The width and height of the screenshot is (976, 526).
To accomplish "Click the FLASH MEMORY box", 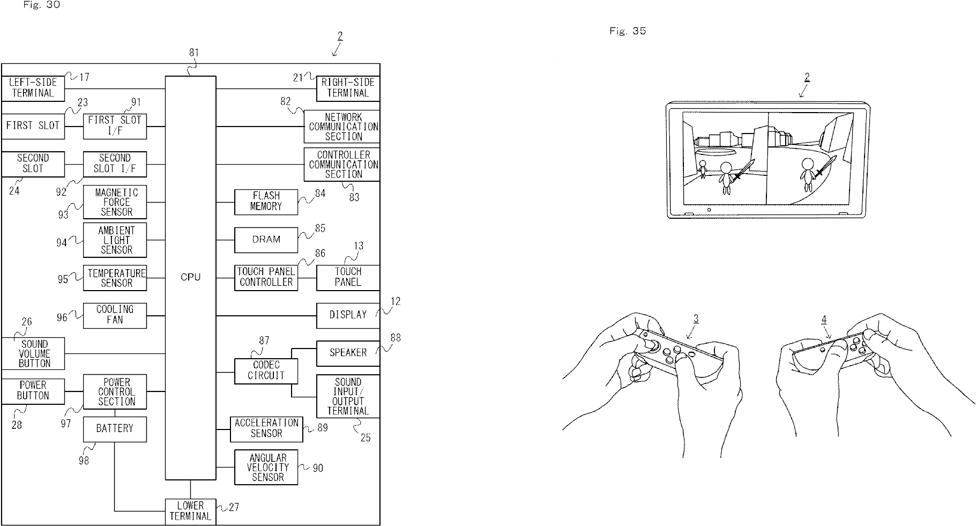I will pos(266,202).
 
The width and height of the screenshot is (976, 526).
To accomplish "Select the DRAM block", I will pos(266,240).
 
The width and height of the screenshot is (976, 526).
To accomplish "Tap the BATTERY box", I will pos(115,429).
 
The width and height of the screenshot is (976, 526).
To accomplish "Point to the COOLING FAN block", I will pos(115,315).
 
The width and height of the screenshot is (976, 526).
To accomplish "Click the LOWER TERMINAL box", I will pos(190,511).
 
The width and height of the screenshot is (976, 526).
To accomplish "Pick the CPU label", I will pos(190,277).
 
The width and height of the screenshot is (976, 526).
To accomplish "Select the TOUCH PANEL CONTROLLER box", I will pos(266,277).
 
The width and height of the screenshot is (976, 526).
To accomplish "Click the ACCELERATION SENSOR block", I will pos(266,429).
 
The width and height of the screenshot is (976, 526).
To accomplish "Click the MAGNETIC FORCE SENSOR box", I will pos(115,202).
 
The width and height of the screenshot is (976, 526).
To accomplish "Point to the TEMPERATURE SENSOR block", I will pos(115,278).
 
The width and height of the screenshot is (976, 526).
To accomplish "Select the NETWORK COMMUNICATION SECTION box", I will pos(341,127).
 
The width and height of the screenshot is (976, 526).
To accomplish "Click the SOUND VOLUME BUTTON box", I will pos(33,353).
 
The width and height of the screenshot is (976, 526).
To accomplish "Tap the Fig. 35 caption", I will pos(628,31).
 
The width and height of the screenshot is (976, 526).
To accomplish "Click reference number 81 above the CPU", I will pos(193,53).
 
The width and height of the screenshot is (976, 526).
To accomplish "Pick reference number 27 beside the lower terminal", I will pos(233,507).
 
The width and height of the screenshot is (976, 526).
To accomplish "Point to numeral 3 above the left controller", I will pos(696,319).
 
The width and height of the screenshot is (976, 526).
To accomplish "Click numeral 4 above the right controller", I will pos(824,319).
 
